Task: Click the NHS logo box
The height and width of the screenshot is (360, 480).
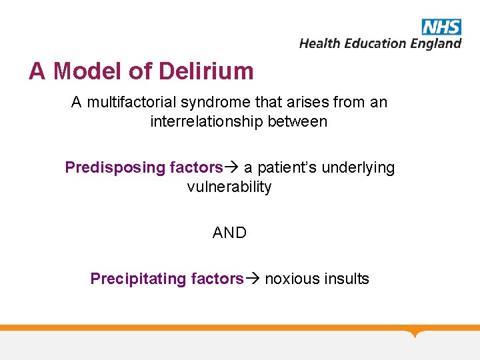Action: [x=441, y=27]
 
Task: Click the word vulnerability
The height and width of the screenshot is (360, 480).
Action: [x=229, y=187]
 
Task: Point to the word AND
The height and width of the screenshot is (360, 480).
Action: [x=229, y=233]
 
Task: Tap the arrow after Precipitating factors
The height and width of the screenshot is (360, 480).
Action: [x=253, y=279]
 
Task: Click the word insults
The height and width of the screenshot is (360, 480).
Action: [x=346, y=279]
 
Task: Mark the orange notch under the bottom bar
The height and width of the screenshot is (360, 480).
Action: [x=417, y=333]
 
